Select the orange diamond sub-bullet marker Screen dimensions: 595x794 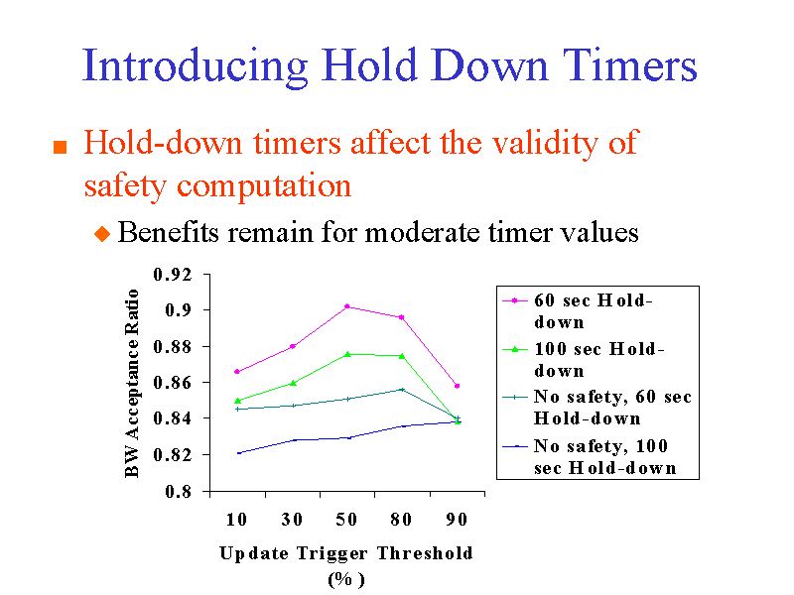(101, 234)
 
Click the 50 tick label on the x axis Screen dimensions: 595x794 (346, 519)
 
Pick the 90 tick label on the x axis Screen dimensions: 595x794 (457, 519)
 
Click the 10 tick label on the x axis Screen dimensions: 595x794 (236, 519)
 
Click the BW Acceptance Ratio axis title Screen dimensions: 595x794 (133, 383)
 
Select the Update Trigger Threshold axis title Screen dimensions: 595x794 (346, 553)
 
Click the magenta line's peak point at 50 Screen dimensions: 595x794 (346, 306)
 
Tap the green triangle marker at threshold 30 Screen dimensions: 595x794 (292, 383)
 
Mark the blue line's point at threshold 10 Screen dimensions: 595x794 (236, 452)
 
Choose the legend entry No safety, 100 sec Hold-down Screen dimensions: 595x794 (595, 456)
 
